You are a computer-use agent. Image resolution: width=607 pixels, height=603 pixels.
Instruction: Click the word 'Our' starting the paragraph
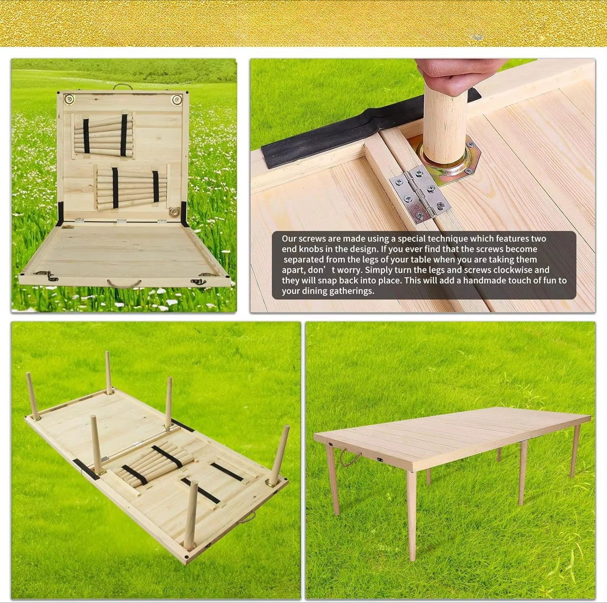289,239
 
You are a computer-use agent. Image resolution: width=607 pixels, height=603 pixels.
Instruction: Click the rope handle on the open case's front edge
124,283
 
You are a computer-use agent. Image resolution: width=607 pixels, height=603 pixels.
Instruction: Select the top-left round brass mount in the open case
69,99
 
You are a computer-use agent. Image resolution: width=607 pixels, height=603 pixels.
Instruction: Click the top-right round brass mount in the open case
176,100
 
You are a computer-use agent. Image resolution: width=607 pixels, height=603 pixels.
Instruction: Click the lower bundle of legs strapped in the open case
132,189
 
